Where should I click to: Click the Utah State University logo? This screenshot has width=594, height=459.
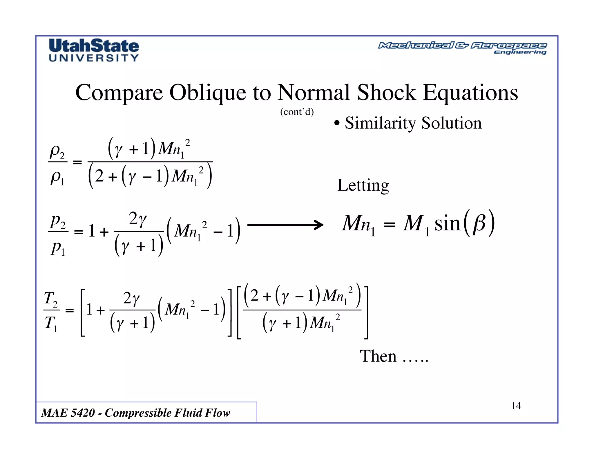[94, 50]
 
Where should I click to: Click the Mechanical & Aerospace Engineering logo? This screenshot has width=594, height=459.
[462, 48]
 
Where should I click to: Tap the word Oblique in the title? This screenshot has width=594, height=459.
[208, 93]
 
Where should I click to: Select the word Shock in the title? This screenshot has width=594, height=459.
[386, 93]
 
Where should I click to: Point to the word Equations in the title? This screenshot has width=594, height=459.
[470, 93]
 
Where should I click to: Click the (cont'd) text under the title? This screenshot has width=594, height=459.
[297, 112]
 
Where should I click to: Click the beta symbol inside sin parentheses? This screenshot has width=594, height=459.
[479, 224]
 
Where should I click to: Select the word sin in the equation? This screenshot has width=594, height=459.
[447, 224]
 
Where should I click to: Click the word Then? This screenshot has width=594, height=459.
[378, 356]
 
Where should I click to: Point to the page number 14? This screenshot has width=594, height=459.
[516, 406]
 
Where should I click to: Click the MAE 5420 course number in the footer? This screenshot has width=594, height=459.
[68, 413]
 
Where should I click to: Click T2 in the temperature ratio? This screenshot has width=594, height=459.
[51, 299]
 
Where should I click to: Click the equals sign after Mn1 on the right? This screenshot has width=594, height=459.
[389, 224]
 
